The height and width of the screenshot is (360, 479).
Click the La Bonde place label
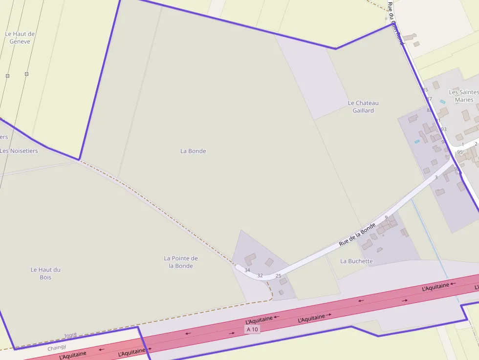tap(193, 151)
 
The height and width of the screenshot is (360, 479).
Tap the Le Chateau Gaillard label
tap(363, 106)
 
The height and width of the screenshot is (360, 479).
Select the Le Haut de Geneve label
tap(20, 38)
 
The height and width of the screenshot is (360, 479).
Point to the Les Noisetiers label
tap(19, 151)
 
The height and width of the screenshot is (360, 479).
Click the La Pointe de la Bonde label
tap(181, 262)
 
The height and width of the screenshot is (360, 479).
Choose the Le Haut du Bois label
tap(45, 273)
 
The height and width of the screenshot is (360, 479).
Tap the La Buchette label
tap(356, 261)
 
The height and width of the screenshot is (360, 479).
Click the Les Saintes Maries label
tap(464, 96)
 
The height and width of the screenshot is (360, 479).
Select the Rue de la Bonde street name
tap(357, 234)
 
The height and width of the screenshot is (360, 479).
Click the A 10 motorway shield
tap(252, 329)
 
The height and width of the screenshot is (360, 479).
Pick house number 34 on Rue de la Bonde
tap(247, 270)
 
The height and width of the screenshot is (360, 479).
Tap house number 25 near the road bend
tap(278, 276)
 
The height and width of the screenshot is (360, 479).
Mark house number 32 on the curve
tap(260, 275)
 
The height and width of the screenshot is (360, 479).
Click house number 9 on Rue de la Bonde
tap(386, 217)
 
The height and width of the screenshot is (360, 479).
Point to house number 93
tap(444, 129)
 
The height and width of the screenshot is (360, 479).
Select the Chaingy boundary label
tap(57, 348)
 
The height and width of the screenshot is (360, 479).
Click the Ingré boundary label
tap(71, 335)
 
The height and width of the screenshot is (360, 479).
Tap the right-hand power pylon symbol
tap(26, 74)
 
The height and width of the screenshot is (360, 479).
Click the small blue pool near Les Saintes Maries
tap(442, 102)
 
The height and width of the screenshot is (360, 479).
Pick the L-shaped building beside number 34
tap(250, 258)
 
